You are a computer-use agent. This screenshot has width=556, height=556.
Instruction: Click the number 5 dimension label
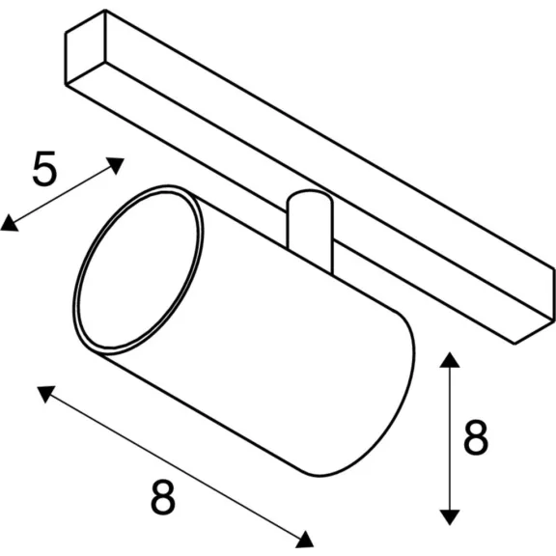point(44,168)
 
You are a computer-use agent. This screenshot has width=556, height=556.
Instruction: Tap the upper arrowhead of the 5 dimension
point(115,164)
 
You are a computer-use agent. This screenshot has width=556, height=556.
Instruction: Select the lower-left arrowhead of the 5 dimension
point(9,224)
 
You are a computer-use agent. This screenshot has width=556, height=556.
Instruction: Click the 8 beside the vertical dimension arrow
point(476,437)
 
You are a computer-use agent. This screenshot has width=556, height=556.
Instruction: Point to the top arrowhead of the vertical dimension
point(450,360)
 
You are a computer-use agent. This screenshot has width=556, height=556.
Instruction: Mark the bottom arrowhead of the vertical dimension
point(450,517)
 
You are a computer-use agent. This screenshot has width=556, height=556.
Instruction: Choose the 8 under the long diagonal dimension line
point(163,497)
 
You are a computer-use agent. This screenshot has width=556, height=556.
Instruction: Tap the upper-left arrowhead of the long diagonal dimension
point(46,393)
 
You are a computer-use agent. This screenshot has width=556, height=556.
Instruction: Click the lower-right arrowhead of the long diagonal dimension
point(305,540)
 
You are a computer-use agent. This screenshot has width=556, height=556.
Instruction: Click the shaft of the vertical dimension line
point(450,438)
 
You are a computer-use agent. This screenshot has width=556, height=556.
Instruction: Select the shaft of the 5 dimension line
point(62,194)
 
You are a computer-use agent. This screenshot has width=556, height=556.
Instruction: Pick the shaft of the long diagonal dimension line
point(176,466)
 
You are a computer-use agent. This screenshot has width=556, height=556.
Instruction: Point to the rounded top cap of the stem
point(310,197)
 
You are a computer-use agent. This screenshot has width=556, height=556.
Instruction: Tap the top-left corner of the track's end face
point(66,33)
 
